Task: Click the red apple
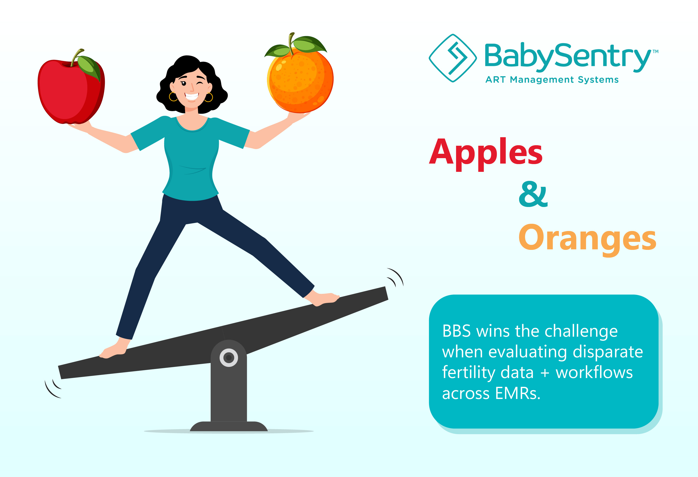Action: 71,90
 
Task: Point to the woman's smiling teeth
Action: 192,96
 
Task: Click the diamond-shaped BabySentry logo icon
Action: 453,58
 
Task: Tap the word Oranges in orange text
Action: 588,239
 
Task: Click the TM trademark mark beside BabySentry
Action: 656,51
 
